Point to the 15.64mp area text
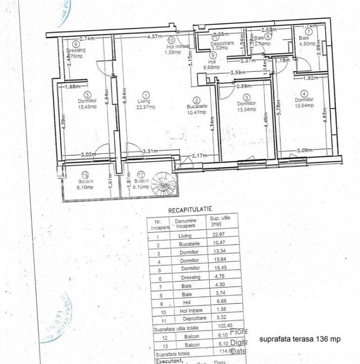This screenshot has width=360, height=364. [x=304, y=106]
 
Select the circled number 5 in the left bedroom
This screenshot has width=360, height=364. [x=87, y=94]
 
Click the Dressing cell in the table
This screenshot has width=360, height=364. [x=189, y=277]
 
